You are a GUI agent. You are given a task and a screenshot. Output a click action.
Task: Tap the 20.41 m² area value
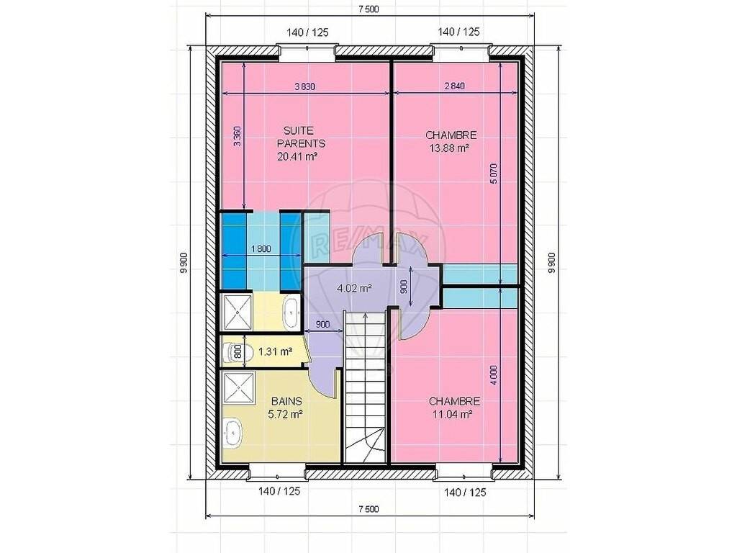pos(297,156)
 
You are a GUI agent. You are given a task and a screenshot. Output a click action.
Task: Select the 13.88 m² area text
pos(450,148)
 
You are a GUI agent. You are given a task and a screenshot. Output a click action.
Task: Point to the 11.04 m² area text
pos(452,414)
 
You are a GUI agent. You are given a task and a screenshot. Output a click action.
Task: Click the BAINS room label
pos(286,401)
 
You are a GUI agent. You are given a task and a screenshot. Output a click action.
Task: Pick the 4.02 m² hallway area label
pos(355,288)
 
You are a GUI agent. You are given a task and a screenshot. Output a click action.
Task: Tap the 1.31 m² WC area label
pos(276,351)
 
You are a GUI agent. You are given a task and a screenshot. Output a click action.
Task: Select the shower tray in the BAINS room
pos(239,388)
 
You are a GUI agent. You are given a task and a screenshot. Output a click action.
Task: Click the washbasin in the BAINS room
pos(233,432)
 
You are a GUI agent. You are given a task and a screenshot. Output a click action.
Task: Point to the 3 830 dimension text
pos(304,86)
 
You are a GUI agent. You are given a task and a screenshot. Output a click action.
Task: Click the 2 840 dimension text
pos(455,86)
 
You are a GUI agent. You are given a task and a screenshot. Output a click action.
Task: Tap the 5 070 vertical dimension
pos(493,174)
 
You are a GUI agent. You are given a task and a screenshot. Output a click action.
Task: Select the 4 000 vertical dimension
pos(493,375)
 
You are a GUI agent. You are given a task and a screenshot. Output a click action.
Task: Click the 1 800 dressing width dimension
pos(261,248)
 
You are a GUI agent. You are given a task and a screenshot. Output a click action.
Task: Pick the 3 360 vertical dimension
pos(238,136)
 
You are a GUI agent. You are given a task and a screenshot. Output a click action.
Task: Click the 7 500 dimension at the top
pos(368,9)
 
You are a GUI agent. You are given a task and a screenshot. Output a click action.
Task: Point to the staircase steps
pos(365,387)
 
